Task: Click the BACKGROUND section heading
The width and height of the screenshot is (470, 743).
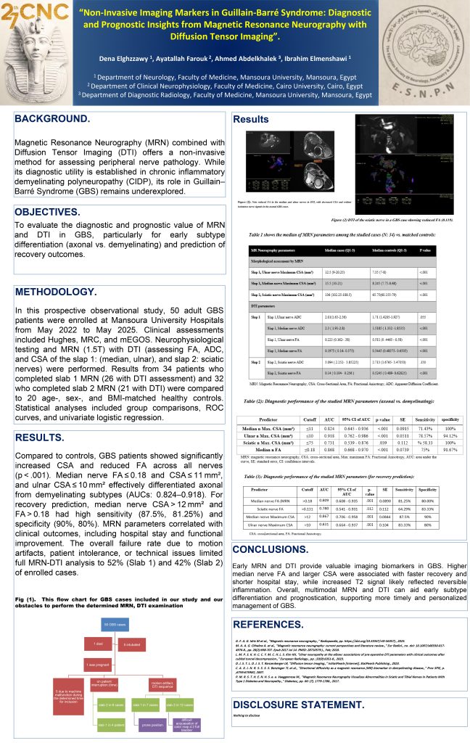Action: point(53,118)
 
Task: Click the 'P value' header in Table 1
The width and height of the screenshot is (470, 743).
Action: point(428,248)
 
